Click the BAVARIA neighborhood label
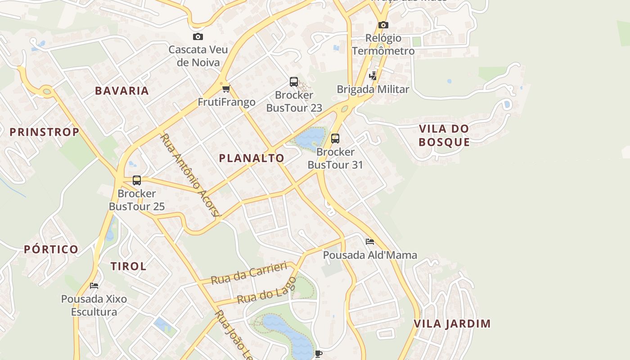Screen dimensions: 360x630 (x=122, y=90)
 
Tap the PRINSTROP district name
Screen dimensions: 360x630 (x=45, y=132)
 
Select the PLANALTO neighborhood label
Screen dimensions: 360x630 (x=252, y=158)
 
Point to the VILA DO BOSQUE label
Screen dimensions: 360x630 (x=444, y=135)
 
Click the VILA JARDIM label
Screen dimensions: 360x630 (x=452, y=324)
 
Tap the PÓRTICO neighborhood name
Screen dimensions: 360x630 (x=51, y=249)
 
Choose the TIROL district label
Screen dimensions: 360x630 (x=129, y=266)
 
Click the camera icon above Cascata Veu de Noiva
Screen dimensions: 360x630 (x=198, y=37)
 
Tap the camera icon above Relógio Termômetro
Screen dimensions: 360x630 (x=383, y=25)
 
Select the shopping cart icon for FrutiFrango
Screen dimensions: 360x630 (x=226, y=89)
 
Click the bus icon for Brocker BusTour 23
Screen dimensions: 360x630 (x=294, y=82)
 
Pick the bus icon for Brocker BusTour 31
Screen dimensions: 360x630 (x=335, y=139)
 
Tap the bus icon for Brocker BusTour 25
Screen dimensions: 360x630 (x=137, y=180)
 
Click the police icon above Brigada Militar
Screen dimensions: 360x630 (x=373, y=76)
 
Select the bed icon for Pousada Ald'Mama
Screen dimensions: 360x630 (x=370, y=242)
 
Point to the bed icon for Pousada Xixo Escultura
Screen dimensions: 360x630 (x=94, y=285)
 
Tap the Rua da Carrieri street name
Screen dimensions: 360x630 (x=249, y=273)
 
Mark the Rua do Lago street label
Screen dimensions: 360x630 (x=266, y=290)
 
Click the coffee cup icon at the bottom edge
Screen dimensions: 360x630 (x=319, y=354)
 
